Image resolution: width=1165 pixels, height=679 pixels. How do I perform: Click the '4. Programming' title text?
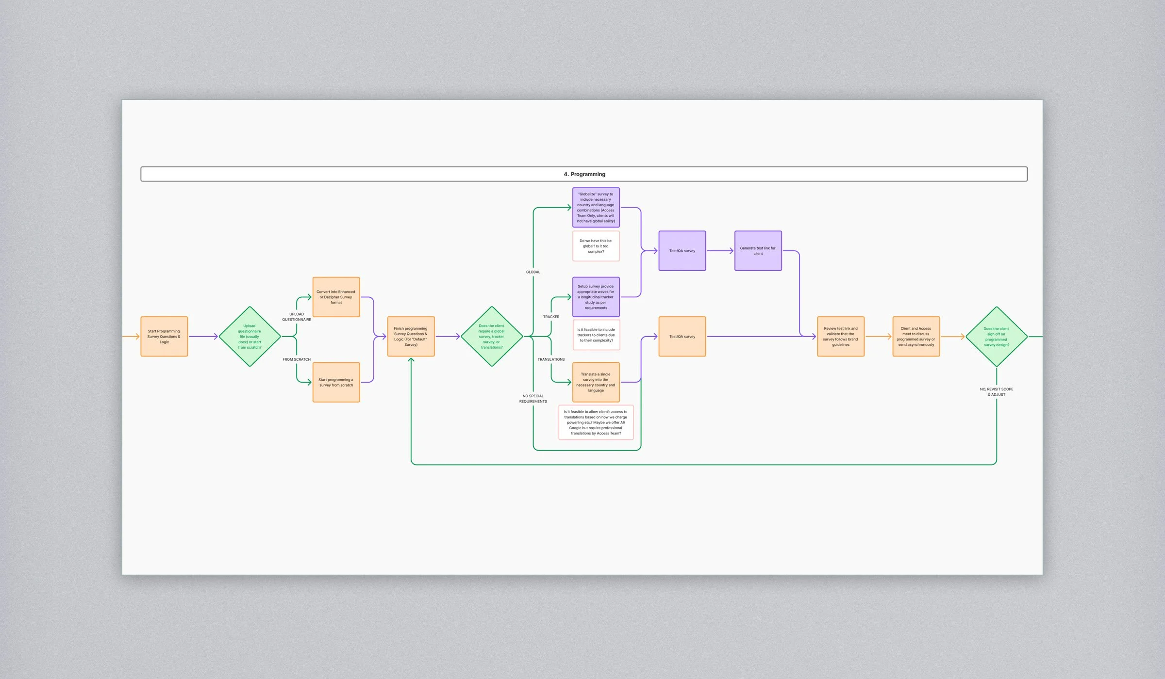pos(584,174)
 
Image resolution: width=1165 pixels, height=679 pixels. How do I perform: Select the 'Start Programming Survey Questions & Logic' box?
pos(164,337)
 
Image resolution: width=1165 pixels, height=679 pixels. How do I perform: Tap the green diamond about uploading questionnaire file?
pos(250,337)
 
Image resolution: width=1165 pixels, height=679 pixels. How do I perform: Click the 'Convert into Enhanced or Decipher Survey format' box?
pos(336,297)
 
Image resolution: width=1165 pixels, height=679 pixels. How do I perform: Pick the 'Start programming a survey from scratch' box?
pos(336,382)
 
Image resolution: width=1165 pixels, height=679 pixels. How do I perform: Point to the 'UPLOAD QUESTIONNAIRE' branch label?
pos(297,317)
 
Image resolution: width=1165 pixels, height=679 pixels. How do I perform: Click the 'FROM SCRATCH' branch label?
pos(297,359)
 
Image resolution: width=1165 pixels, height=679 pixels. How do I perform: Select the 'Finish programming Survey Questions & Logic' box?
pos(411,337)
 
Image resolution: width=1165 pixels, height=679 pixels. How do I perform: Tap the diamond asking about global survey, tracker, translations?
pos(492,337)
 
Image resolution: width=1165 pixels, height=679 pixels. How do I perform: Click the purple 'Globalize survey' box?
pos(596,208)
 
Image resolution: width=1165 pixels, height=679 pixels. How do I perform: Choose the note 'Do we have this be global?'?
pos(596,246)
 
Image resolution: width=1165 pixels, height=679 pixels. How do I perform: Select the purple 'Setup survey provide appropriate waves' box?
pos(596,297)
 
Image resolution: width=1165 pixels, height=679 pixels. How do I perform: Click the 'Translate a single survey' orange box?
pos(596,382)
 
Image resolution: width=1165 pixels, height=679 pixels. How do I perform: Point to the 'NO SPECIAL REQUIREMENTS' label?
pos(533,399)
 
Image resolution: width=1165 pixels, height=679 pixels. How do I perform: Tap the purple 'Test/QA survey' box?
pos(682,251)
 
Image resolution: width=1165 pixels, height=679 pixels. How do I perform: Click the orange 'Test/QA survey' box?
pos(682,337)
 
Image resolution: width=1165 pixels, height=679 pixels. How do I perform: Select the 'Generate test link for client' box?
pos(758,251)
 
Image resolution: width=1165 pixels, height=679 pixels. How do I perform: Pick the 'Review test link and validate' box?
pos(841,337)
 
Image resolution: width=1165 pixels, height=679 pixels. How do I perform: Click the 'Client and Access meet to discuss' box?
pos(916,337)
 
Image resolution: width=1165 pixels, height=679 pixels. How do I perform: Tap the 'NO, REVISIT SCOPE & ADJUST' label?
pos(997,392)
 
